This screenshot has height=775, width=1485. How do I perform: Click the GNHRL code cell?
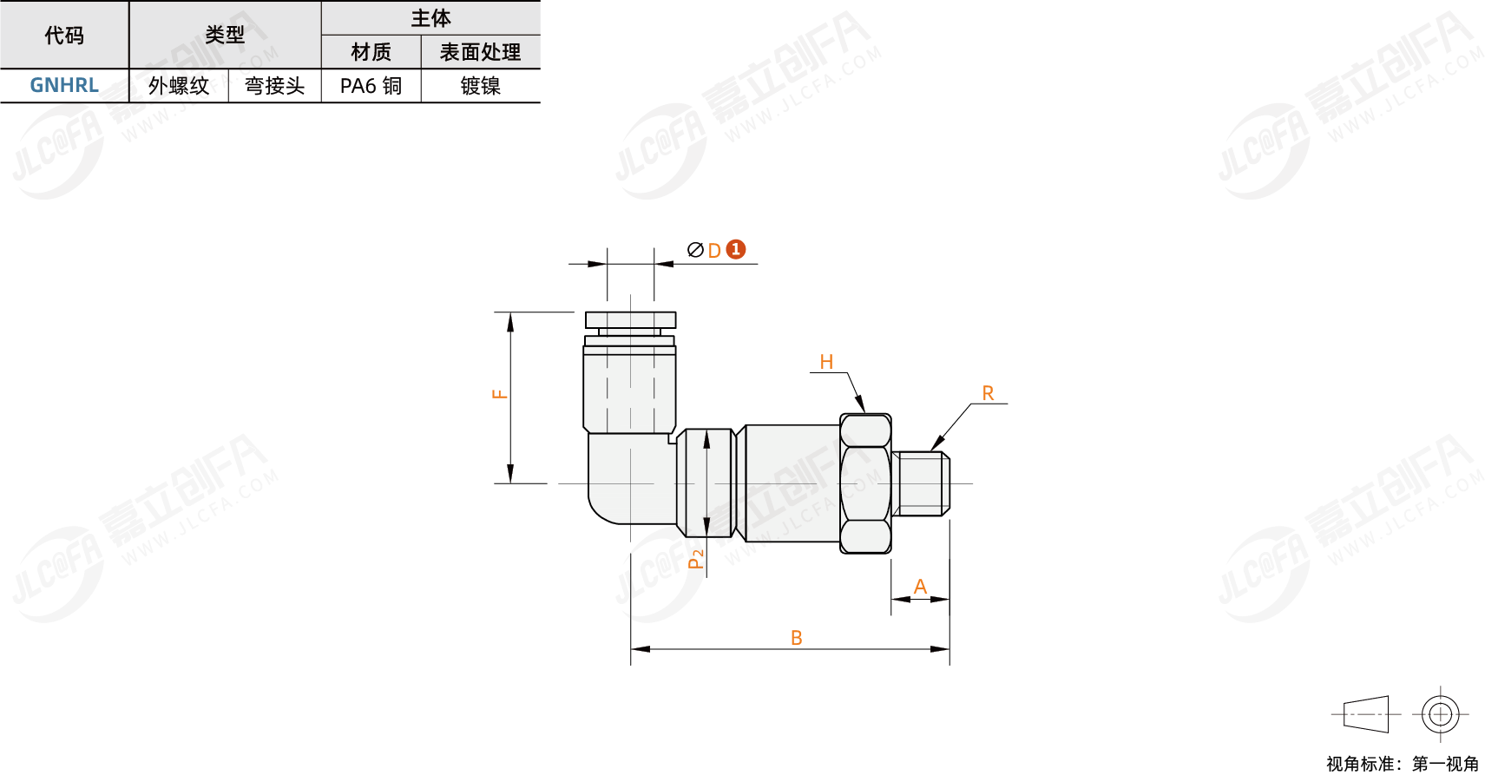click(64, 86)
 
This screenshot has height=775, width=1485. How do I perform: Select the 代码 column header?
click(64, 35)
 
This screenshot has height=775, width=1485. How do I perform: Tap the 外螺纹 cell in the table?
click(179, 86)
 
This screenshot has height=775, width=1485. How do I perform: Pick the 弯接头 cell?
click(274, 86)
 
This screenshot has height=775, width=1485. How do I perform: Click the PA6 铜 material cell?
click(371, 86)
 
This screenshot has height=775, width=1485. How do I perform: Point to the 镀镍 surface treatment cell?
click(481, 86)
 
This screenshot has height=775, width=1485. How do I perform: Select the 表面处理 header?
click(481, 52)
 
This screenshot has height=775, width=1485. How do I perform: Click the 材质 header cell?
click(371, 52)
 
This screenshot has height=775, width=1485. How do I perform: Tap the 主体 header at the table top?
click(430, 18)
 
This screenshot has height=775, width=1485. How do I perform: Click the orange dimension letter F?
click(500, 395)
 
